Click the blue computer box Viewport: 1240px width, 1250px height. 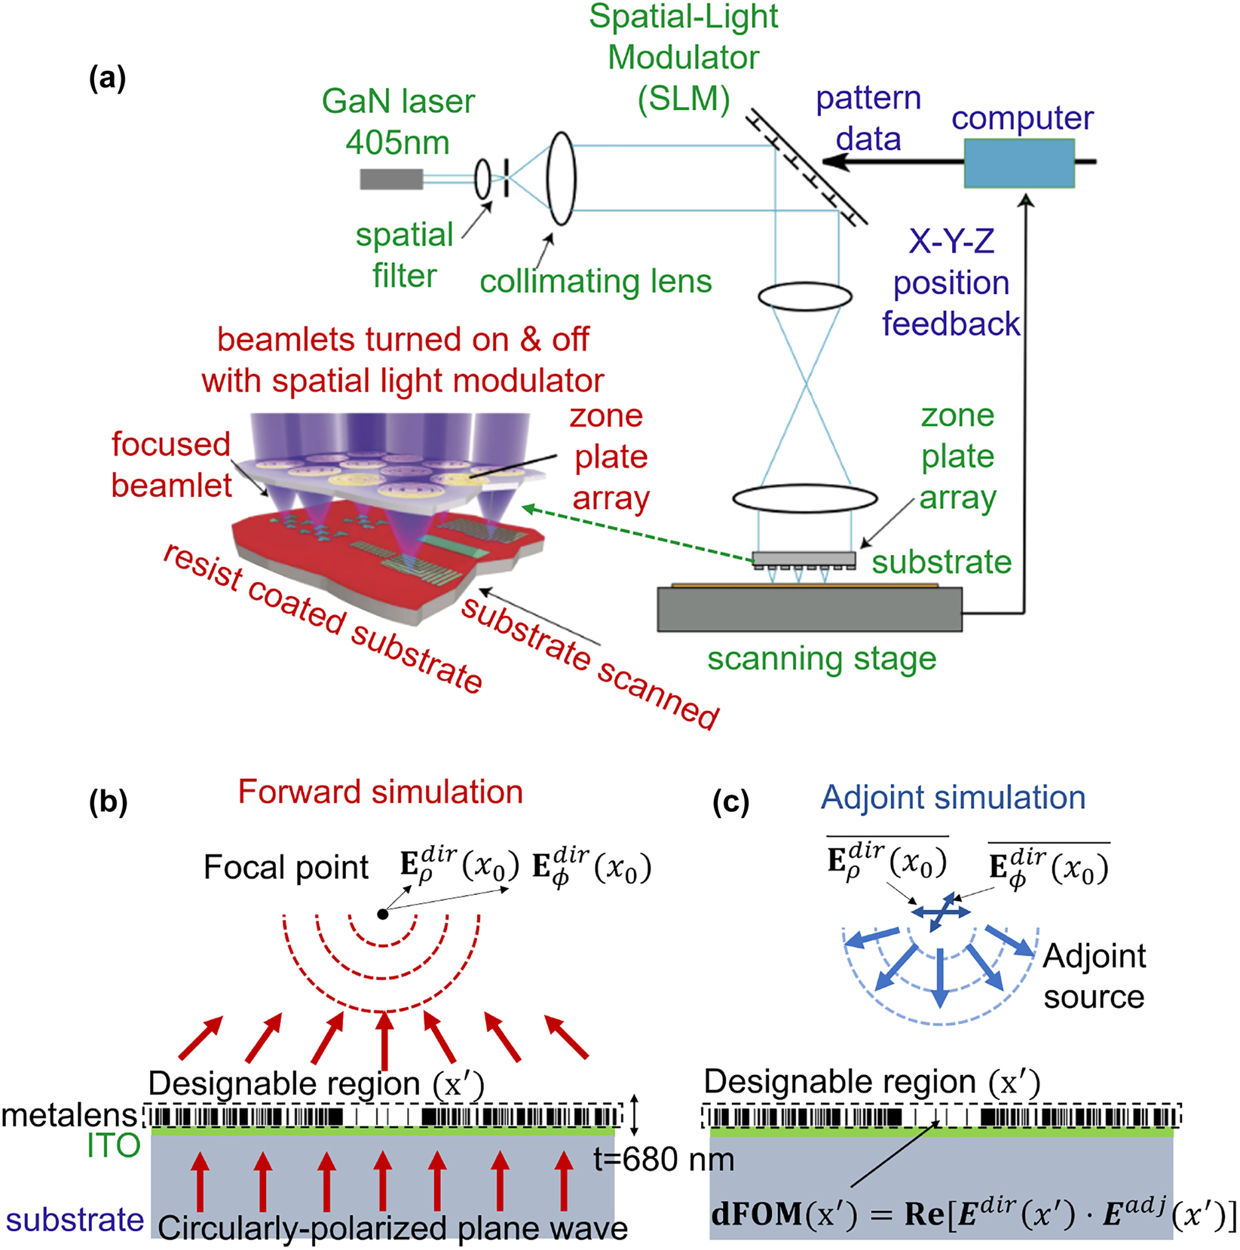point(1019,163)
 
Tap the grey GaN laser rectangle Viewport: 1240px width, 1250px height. point(391,179)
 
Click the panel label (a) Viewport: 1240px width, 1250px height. point(107,78)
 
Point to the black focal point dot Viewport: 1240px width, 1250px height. point(383,914)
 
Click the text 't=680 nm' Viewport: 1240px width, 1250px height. point(663,1159)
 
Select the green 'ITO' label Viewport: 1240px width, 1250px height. point(113,1146)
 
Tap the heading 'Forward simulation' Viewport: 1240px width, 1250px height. point(380,792)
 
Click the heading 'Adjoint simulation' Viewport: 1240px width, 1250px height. point(953,798)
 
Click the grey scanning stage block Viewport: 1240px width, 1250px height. point(809,609)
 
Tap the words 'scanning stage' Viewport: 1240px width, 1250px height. point(822,659)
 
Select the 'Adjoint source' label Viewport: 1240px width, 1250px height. point(1094,976)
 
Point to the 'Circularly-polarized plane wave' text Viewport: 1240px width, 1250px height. point(393,1229)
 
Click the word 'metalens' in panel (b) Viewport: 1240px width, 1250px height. point(69,1115)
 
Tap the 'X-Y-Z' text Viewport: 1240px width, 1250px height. point(951,242)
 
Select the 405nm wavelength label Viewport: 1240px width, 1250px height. point(397,142)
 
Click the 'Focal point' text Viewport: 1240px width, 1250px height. point(286,868)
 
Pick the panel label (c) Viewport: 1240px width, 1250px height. point(730,803)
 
